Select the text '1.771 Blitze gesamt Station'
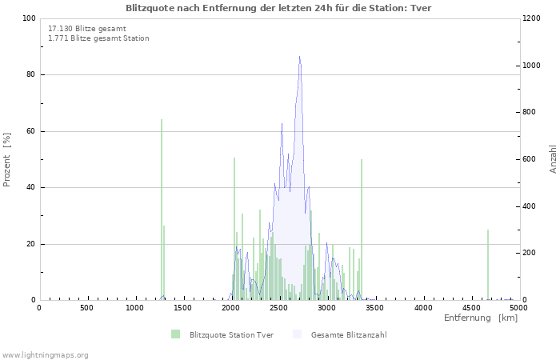[x=98, y=38]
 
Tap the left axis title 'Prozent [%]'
[x=7, y=159]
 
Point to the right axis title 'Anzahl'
[x=553, y=159]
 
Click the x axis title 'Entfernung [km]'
[x=481, y=318]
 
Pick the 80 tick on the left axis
[x=30, y=75]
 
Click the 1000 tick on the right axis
[x=534, y=66]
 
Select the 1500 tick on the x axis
[x=182, y=308]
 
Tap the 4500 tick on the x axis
[x=470, y=308]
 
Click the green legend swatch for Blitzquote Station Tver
[x=175, y=334]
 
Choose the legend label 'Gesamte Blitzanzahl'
[x=349, y=335]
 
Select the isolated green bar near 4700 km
[x=488, y=265]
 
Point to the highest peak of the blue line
[x=299, y=56]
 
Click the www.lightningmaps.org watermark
[x=45, y=354]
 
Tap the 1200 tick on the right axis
[x=534, y=18]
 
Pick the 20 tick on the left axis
[x=30, y=244]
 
